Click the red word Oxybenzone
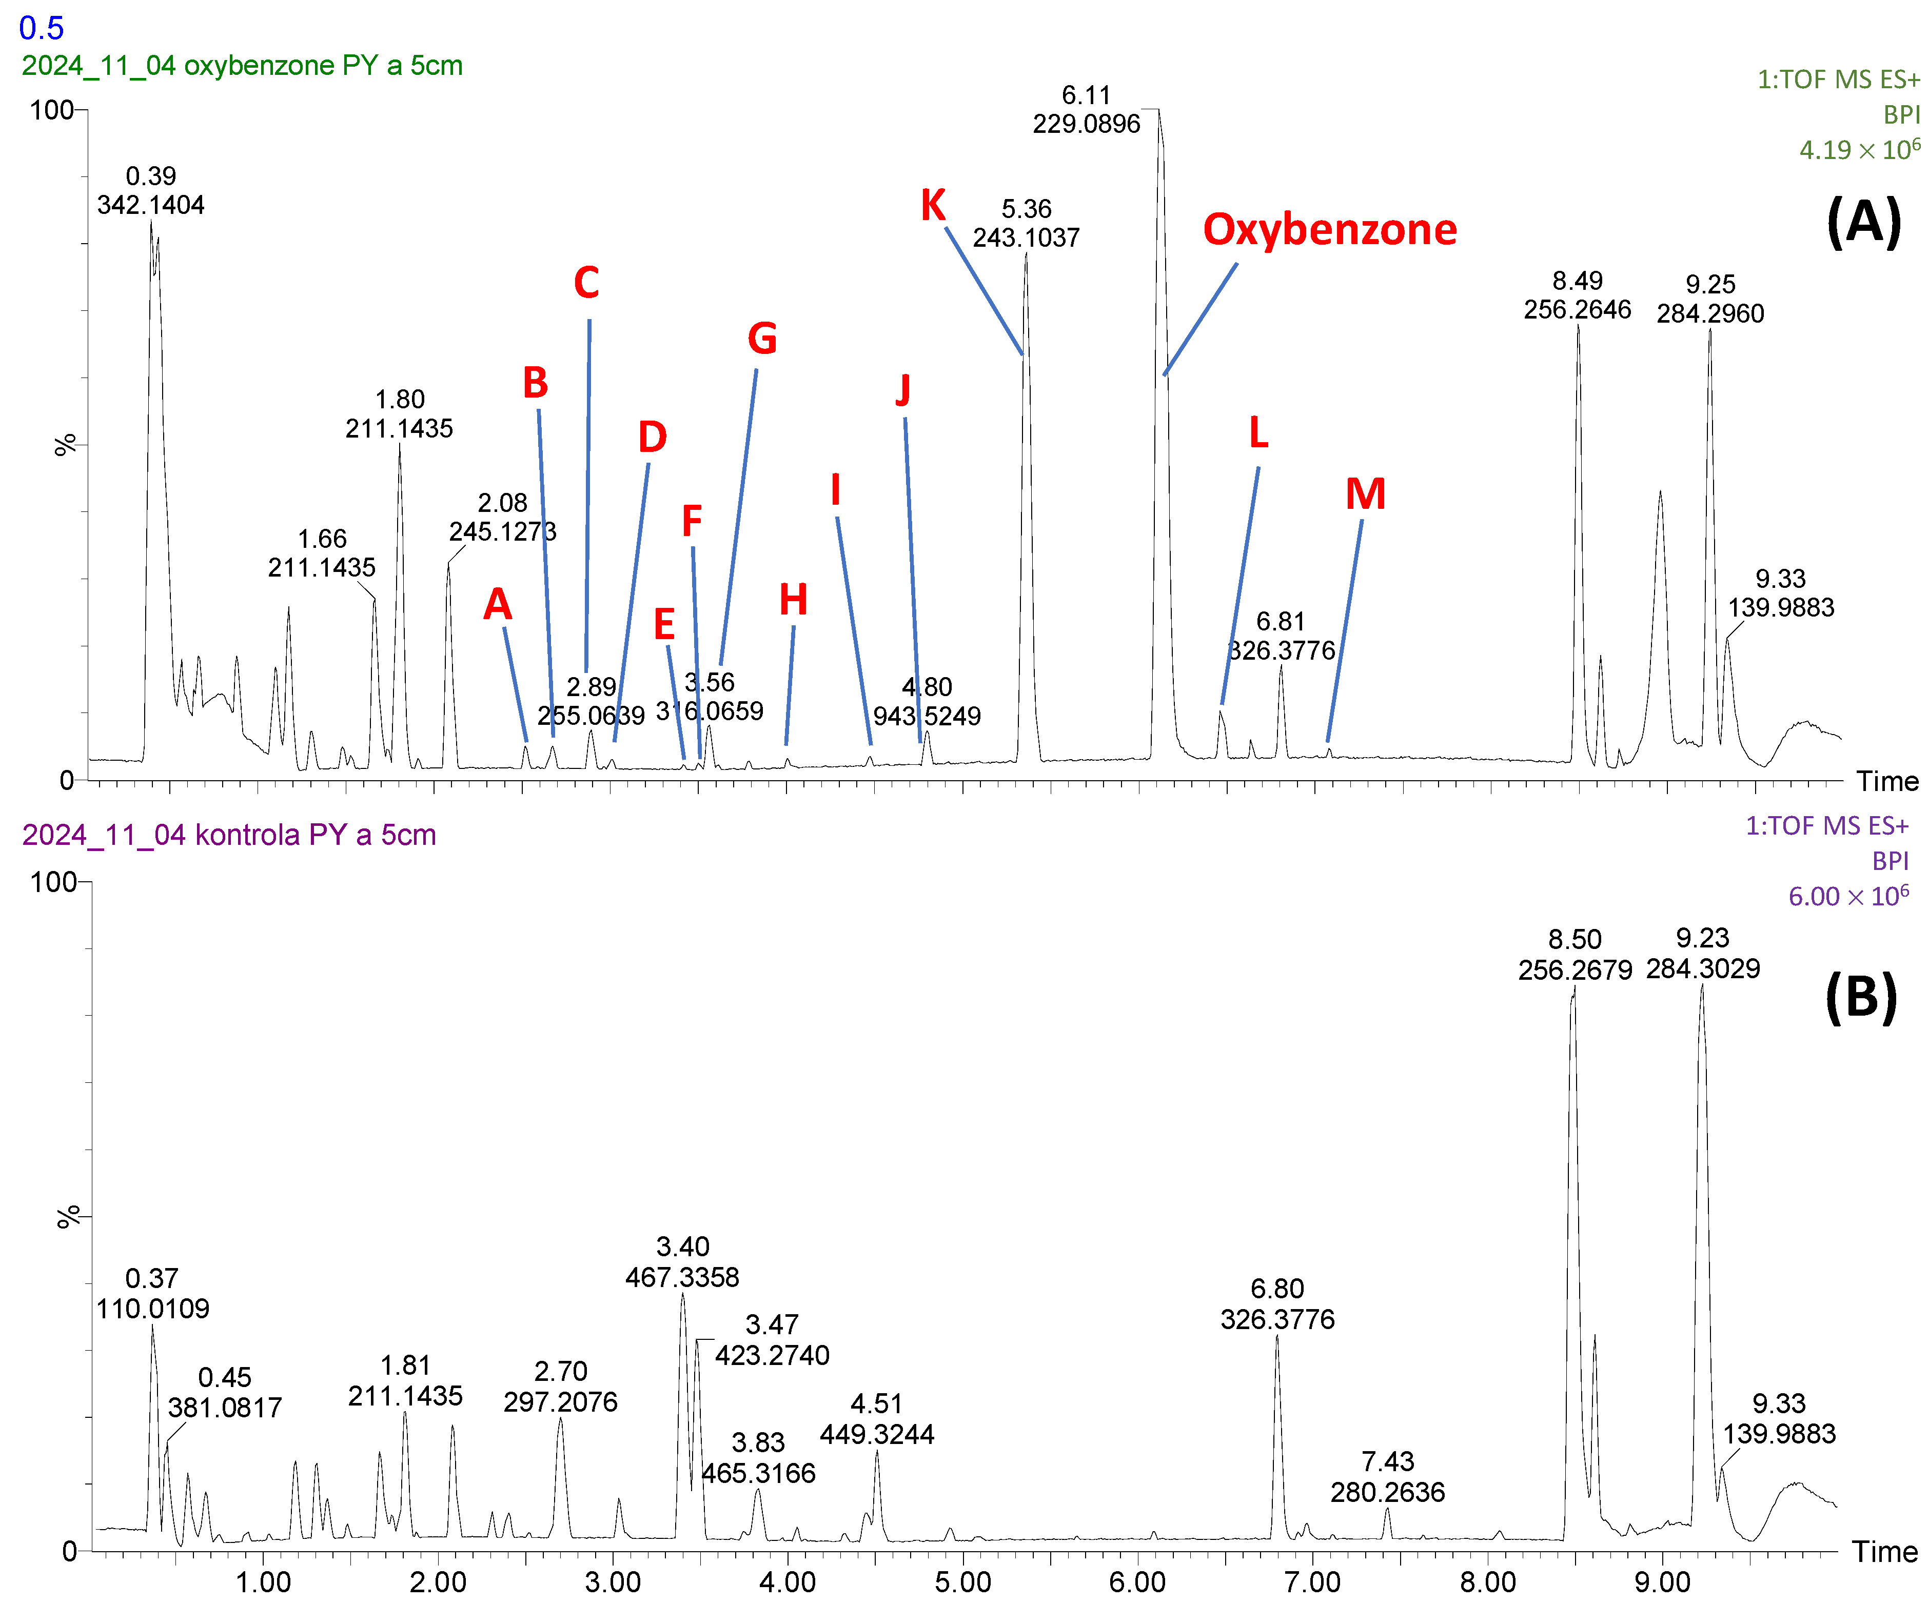coord(1329,229)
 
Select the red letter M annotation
coord(1365,495)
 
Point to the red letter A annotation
coord(498,604)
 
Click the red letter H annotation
coord(793,601)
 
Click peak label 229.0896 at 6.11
coord(1086,124)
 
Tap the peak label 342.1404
coord(150,205)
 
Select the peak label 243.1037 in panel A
coord(1027,238)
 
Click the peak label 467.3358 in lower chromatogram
coord(682,1277)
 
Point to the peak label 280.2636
coord(1387,1492)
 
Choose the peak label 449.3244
coord(877,1434)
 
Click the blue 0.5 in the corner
coord(42,28)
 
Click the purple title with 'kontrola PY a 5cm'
coord(229,835)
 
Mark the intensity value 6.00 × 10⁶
coord(1848,896)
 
